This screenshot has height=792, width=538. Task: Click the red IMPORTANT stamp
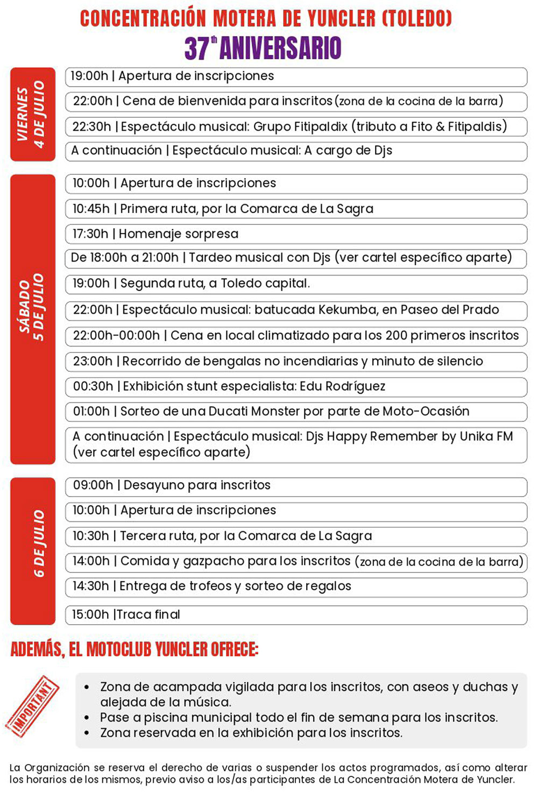click(32, 705)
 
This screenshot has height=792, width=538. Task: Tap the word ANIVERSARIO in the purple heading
click(280, 48)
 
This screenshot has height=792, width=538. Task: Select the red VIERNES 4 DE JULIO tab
click(32, 114)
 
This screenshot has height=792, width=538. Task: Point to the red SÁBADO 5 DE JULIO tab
click(32, 319)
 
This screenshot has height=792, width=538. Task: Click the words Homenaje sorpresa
click(179, 234)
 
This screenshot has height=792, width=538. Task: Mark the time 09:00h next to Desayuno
click(93, 485)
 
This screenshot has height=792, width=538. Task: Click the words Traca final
click(148, 614)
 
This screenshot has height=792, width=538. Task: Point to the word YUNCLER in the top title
click(341, 19)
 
